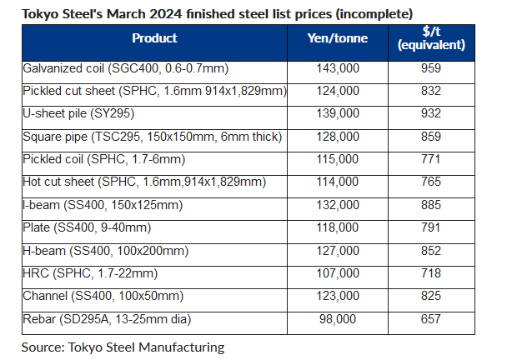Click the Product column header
(154, 38)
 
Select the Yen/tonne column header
(339, 38)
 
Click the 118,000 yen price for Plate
(339, 225)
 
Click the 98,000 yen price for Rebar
(339, 318)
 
